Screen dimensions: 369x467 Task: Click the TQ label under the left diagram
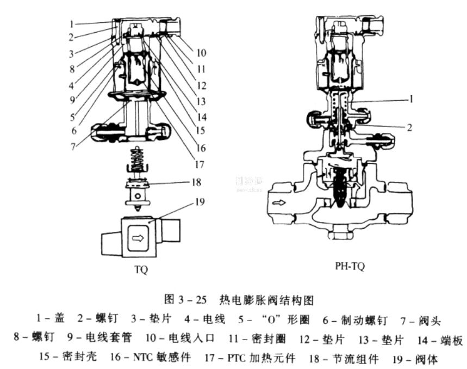click(x=141, y=269)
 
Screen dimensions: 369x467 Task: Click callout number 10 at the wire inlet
click(x=201, y=53)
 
